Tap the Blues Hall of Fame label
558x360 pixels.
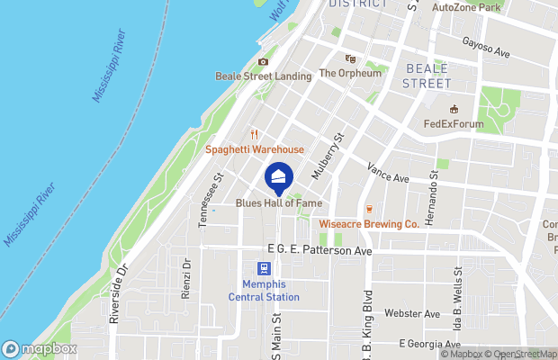[x=278, y=204]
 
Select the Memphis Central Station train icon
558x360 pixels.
[x=264, y=268]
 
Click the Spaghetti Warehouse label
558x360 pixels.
[x=255, y=149]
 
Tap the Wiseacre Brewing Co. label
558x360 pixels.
[x=369, y=223]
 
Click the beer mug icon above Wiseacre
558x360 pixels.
[x=369, y=209]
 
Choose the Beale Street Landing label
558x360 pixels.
[x=263, y=76]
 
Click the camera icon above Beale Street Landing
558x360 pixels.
[x=263, y=62]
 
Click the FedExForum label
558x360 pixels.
[x=454, y=124]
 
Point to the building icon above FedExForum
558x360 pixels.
[x=454, y=110]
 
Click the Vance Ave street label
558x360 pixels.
[x=388, y=173]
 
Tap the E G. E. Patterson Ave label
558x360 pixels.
[x=319, y=250]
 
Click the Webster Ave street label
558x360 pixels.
[x=412, y=313]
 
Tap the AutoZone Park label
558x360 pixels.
[x=465, y=7]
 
